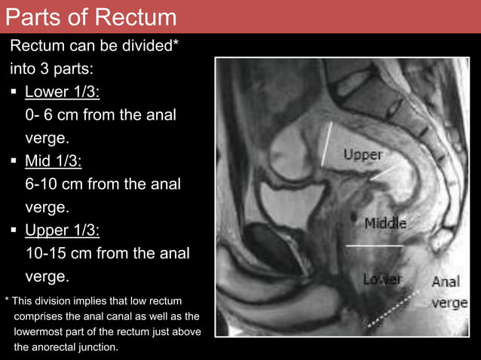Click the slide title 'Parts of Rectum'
pos(90,17)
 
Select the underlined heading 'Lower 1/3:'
pos(62,92)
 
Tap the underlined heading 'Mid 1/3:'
pos(54,161)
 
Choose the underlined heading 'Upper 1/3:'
pos(62,230)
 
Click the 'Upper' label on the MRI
pos(363,155)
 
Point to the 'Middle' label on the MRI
pos(385,223)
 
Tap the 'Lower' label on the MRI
pos(381,279)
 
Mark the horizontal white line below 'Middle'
pos(374,246)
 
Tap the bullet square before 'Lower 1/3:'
pos(14,93)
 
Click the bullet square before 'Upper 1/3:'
pos(14,230)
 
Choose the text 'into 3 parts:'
pos(51,69)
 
